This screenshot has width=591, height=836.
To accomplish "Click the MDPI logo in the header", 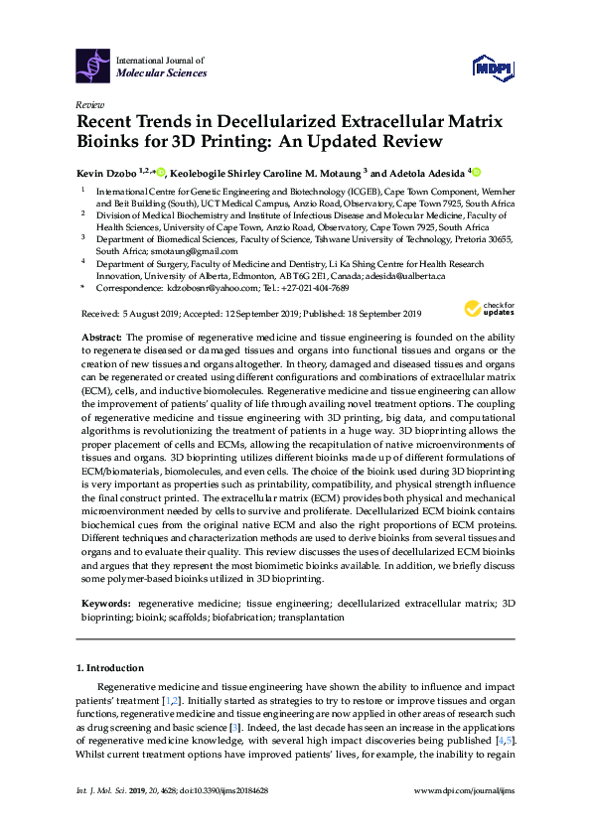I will (x=487, y=67).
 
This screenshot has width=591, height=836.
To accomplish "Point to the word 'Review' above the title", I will (x=89, y=103).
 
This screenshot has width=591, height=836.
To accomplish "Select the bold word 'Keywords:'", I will (x=105, y=603).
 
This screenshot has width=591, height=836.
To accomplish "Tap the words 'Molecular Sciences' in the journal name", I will (x=161, y=73).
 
